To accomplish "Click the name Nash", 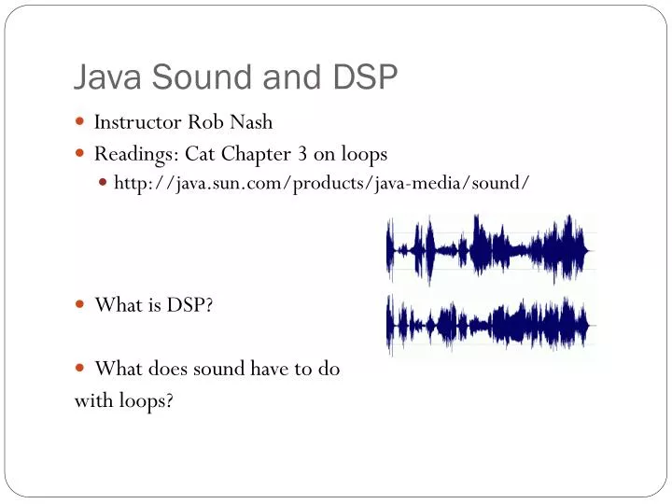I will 251,122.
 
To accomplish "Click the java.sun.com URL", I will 322,183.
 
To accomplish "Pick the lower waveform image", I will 490,324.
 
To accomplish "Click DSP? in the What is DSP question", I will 191,304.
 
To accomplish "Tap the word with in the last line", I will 91,400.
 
